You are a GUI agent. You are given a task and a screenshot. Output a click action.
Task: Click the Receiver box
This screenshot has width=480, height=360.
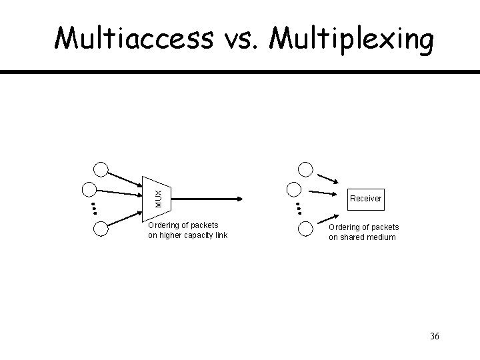[x=365, y=199]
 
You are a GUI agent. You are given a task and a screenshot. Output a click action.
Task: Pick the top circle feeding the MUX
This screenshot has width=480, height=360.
[x=101, y=170]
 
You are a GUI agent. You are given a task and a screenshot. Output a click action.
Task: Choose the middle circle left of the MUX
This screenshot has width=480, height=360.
[x=89, y=189]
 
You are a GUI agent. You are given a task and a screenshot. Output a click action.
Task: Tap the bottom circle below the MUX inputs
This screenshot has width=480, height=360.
[x=101, y=229]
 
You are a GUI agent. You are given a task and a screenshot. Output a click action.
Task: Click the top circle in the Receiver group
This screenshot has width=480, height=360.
[x=305, y=170]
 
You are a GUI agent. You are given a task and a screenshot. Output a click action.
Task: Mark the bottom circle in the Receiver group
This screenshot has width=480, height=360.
[x=305, y=229]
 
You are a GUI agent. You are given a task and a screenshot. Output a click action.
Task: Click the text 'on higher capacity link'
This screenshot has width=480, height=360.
[x=187, y=235]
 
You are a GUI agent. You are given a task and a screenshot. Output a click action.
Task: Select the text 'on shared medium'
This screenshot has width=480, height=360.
[x=361, y=237]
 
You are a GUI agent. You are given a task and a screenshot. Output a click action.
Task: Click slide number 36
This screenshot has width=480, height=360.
[x=434, y=335]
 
